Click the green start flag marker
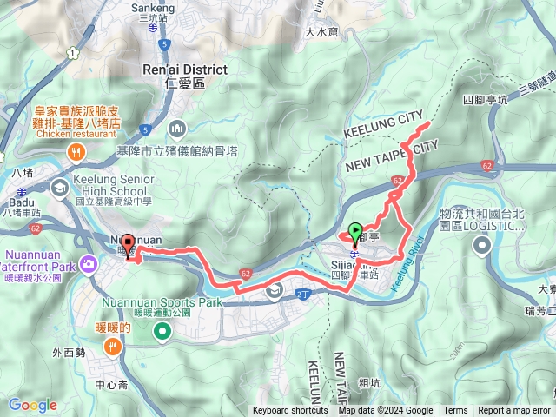coord(355,232)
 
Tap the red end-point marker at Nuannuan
coord(127,245)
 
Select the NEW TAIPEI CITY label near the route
coord(391,157)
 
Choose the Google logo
coord(32,405)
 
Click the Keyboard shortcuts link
coord(290,411)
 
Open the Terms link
coord(455,411)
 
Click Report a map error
coord(514,411)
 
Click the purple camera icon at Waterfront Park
coord(88,263)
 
